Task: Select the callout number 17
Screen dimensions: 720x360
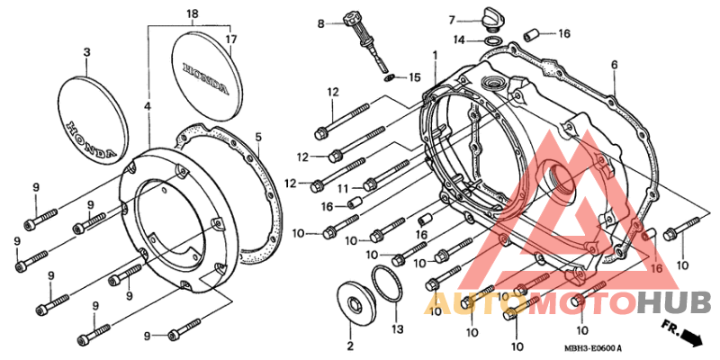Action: tap(231, 39)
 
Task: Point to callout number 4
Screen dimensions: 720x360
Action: tap(147, 106)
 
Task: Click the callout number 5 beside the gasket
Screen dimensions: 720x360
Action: tap(258, 137)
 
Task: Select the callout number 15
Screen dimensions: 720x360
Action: tap(414, 77)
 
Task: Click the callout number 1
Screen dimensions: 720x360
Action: tap(435, 56)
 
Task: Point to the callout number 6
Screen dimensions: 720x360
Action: tap(614, 65)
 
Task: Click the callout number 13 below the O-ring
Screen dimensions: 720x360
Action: tap(397, 329)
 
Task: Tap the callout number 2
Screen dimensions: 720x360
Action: tap(350, 346)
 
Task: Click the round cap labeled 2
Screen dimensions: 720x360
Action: tap(355, 301)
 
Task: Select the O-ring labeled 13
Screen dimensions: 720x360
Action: tap(388, 284)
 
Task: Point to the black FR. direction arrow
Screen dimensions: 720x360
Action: tap(691, 337)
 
